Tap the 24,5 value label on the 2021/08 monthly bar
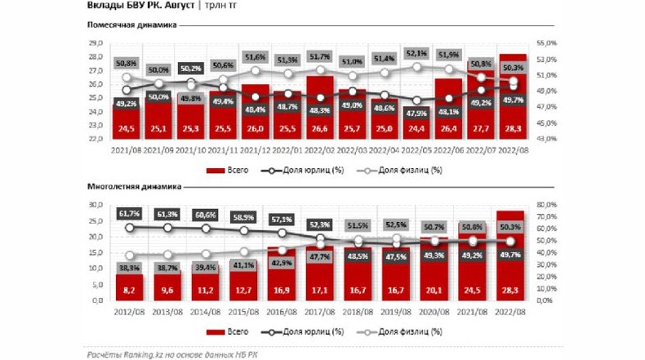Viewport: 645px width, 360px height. [125, 129]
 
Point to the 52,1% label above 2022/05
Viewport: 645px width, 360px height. [416, 54]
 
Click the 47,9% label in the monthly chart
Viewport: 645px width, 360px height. [416, 113]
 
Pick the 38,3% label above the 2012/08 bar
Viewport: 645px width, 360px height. [125, 267]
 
